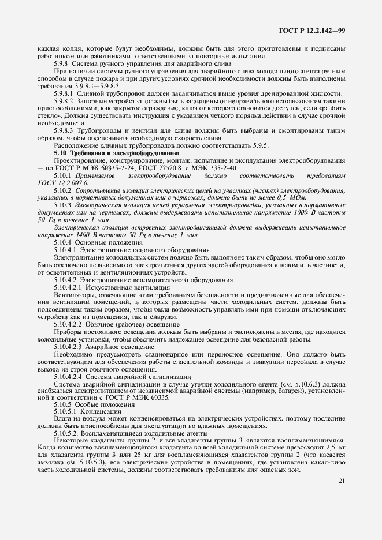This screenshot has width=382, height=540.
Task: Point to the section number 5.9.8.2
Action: [x=66, y=100]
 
